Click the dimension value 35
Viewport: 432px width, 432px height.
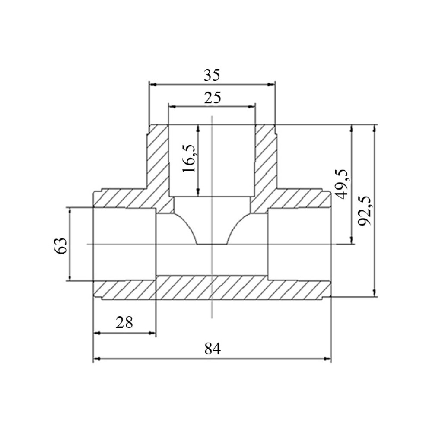[212, 75]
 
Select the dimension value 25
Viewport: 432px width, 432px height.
[212, 98]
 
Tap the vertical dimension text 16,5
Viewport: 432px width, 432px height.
[190, 159]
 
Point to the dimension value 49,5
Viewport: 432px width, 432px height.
[341, 184]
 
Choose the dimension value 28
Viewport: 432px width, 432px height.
[124, 322]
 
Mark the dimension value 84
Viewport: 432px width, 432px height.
[213, 349]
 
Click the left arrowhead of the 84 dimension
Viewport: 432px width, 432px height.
[97, 359]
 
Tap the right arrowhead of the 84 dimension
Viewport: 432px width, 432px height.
[327, 359]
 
